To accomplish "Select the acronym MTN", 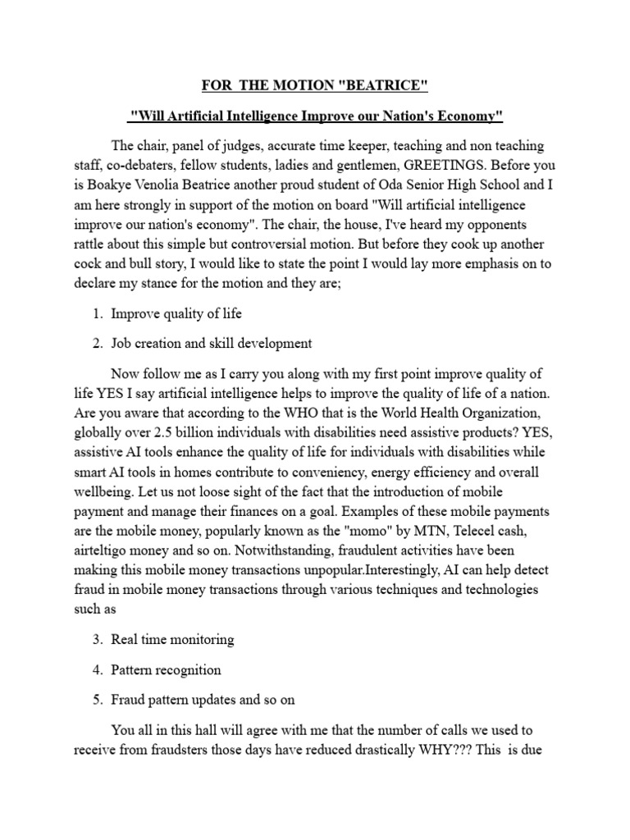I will (410, 532).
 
